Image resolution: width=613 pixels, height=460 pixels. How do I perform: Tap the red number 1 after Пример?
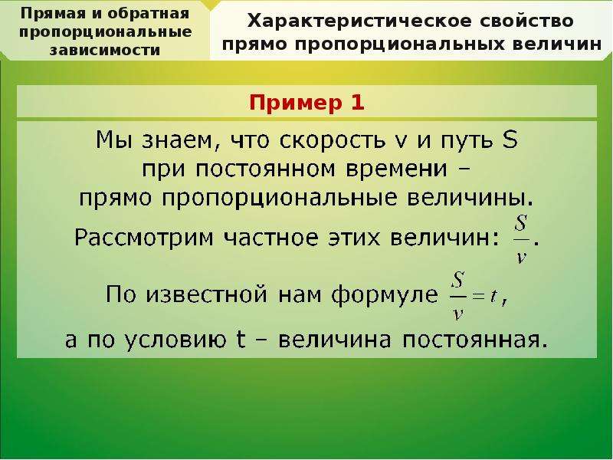point(357,103)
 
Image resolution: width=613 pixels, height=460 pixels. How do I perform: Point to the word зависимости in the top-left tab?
point(105,51)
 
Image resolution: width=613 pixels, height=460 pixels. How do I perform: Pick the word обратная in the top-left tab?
point(148,14)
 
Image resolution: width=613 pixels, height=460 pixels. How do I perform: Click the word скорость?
point(333,141)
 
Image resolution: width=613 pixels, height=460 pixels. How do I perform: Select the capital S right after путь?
point(510,140)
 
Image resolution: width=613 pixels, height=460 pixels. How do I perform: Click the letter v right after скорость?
point(401,143)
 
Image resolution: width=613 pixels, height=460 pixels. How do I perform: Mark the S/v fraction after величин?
point(521,239)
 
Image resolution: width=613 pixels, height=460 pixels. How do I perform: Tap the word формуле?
point(385,295)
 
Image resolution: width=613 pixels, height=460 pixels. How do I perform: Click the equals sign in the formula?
point(478,296)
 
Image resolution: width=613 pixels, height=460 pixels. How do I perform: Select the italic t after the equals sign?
point(493,296)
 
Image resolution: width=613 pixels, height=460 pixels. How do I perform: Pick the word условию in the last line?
point(175,340)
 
